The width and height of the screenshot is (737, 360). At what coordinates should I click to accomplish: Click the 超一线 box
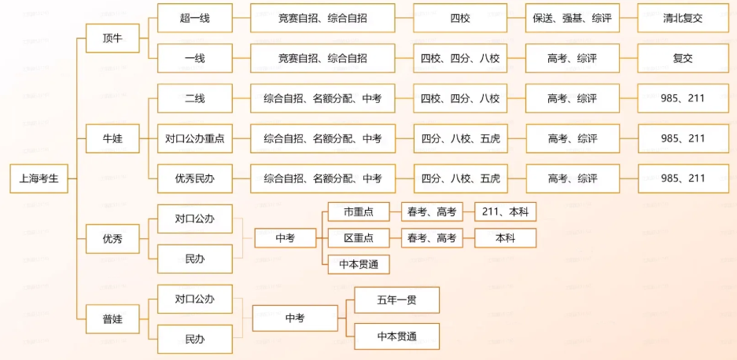pyautogui.click(x=195, y=18)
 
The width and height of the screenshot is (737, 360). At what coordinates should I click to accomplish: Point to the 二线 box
pyautogui.click(x=195, y=98)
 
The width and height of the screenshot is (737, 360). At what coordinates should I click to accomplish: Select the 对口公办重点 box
pyautogui.click(x=195, y=138)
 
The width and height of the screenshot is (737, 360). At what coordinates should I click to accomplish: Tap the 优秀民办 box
pyautogui.click(x=195, y=178)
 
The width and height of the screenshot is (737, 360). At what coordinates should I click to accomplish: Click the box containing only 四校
pyautogui.click(x=460, y=18)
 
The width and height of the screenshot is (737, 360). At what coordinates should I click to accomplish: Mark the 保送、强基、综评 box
pyautogui.click(x=572, y=18)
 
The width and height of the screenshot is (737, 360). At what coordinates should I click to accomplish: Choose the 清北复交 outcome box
pyautogui.click(x=683, y=18)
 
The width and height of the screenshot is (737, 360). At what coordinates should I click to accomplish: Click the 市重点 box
pyautogui.click(x=359, y=212)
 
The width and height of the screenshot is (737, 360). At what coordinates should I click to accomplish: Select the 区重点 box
pyautogui.click(x=359, y=238)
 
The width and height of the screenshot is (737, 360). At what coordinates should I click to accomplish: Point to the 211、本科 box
pyautogui.click(x=506, y=212)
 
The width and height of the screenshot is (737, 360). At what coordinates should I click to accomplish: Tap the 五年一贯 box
pyautogui.click(x=396, y=300)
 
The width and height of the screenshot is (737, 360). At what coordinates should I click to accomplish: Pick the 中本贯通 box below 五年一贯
pyautogui.click(x=396, y=336)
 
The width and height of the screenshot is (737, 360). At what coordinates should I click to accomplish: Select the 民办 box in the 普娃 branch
pyautogui.click(x=195, y=340)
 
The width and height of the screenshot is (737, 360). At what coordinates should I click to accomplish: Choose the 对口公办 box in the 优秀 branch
pyautogui.click(x=195, y=219)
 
